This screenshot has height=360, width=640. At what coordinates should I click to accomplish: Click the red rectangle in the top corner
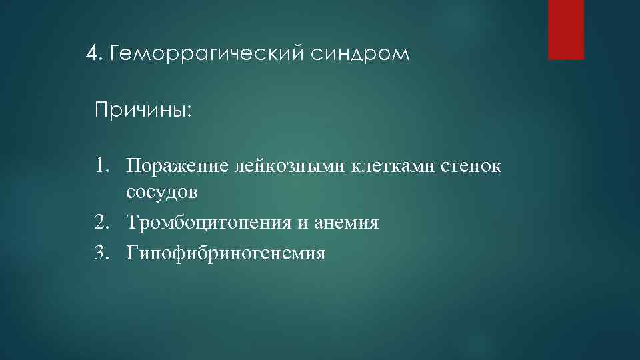565,30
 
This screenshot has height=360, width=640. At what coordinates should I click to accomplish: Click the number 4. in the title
96,53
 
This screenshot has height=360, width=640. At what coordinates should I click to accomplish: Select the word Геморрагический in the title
203,53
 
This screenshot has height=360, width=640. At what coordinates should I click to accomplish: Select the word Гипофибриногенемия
225,254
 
